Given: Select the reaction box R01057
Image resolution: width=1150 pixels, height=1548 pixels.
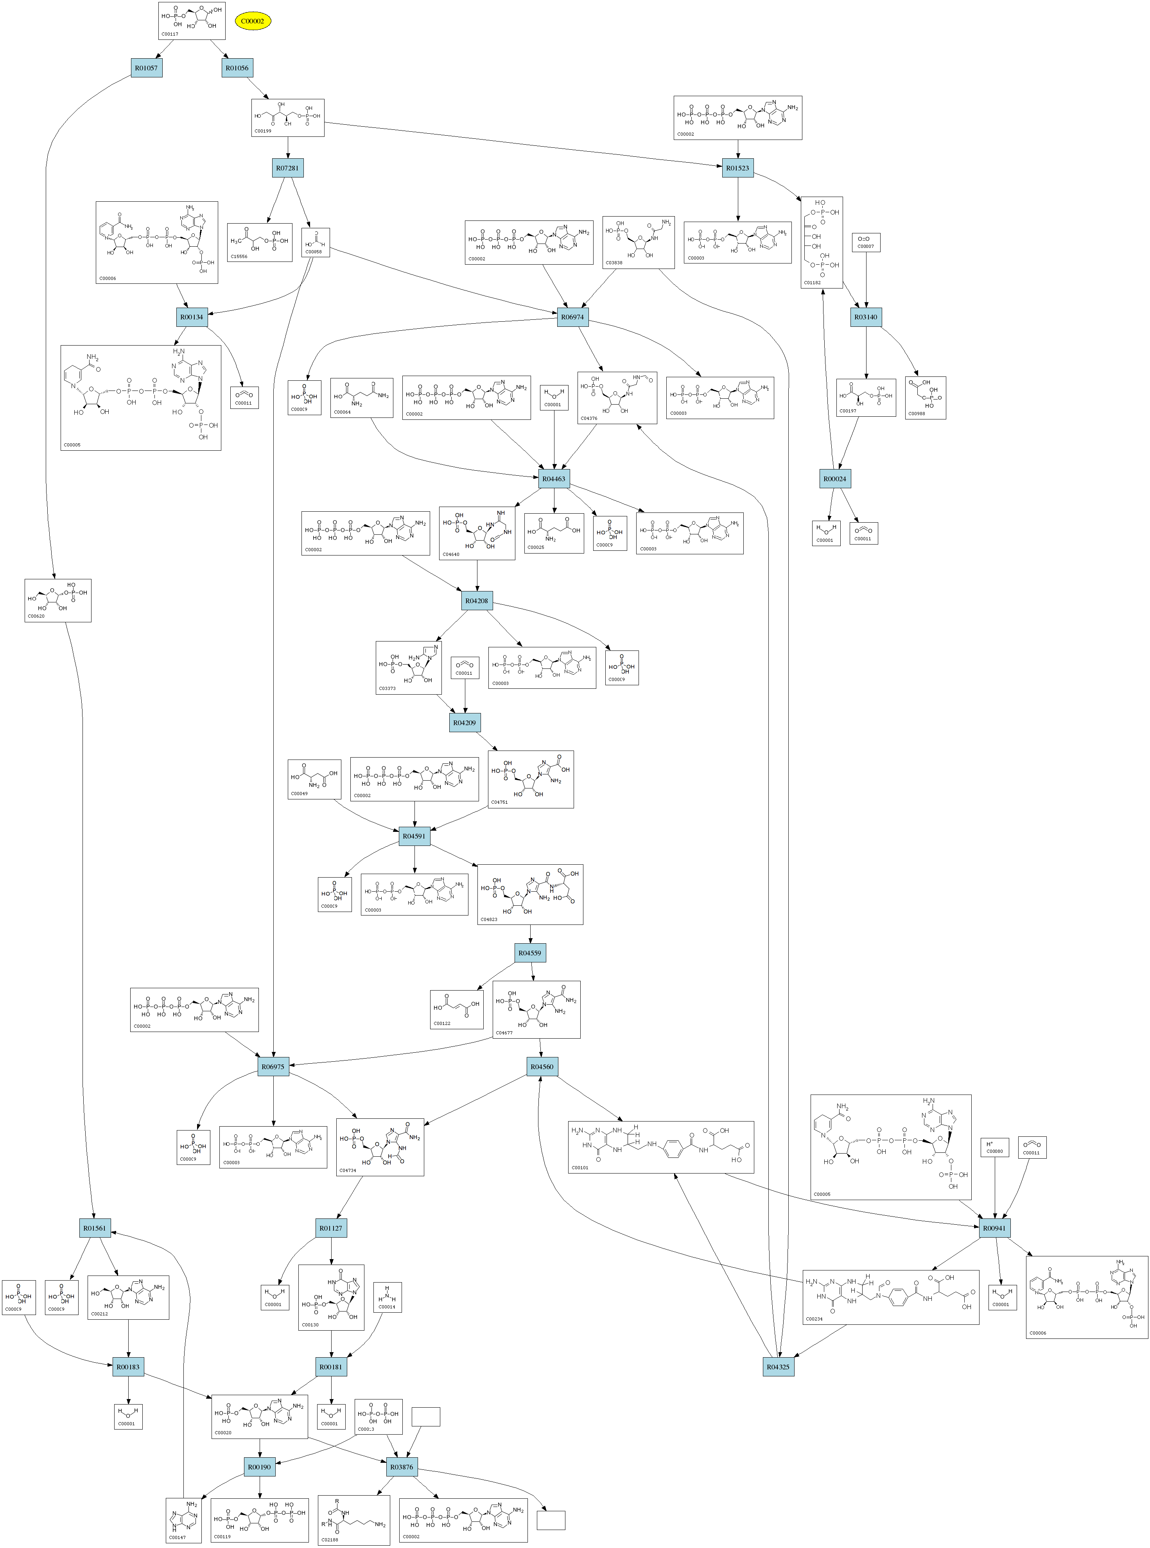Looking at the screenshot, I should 146,68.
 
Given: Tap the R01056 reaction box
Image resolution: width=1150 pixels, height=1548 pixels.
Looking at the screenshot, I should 237,68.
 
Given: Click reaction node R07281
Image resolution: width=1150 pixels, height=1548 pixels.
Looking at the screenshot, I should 287,168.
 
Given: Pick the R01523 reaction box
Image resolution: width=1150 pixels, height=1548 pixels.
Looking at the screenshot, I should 738,168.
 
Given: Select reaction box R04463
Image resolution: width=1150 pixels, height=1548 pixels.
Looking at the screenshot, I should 554,478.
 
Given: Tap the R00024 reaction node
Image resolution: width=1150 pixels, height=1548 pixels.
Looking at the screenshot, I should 835,478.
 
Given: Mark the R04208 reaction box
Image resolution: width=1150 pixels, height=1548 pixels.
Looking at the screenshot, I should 477,600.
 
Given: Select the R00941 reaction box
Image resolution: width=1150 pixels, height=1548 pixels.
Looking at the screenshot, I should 995,1228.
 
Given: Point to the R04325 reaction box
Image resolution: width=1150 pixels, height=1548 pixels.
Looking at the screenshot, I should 778,1366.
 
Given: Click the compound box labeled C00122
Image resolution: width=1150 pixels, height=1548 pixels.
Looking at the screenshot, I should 457,1009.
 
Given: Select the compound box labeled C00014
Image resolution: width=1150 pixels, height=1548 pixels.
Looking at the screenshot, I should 387,1297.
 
